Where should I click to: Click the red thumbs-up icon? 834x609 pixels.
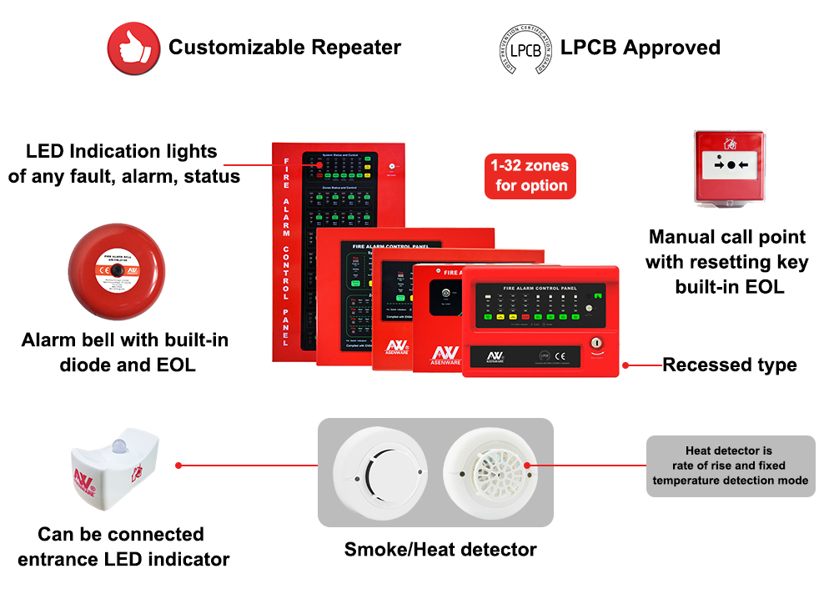point(133,48)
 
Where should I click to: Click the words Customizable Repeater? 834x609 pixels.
point(284,48)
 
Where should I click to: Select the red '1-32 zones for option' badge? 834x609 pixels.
point(530,176)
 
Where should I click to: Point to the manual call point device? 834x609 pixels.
point(731,167)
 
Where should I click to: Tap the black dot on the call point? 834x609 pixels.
point(731,165)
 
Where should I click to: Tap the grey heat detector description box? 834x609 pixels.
point(731,466)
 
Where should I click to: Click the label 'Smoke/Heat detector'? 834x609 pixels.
point(440,549)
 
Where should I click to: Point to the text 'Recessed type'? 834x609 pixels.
point(729,365)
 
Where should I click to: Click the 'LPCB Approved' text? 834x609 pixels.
point(640,48)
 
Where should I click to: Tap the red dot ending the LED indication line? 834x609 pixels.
point(319,165)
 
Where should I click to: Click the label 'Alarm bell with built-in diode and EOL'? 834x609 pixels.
point(125,352)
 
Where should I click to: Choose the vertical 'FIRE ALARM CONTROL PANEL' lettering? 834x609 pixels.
point(286,250)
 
